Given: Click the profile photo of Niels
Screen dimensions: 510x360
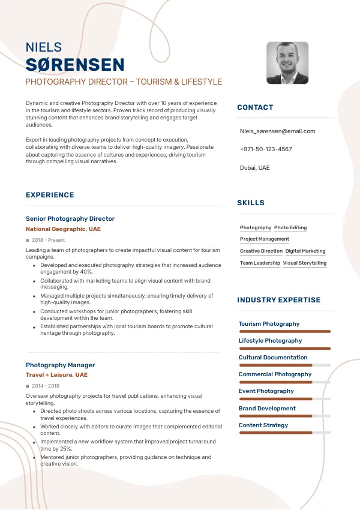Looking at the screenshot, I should (x=287, y=63).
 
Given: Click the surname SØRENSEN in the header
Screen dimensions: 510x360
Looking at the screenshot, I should (x=75, y=65).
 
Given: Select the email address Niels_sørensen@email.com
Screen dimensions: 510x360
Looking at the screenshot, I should (x=277, y=131).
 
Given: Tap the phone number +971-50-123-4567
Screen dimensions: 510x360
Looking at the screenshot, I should (x=266, y=149).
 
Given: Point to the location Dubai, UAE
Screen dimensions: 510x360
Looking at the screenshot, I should (x=255, y=167).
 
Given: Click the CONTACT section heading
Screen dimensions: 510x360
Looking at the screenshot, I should (x=255, y=107).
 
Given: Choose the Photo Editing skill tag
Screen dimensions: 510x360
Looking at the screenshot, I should (x=290, y=228).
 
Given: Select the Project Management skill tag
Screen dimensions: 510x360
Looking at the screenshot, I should (x=265, y=239).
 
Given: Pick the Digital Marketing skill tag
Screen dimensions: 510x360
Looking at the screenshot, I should (x=305, y=251).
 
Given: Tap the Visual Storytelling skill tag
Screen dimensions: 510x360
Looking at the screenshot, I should (x=305, y=263).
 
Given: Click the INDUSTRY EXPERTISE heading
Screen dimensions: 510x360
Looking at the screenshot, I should (x=278, y=300).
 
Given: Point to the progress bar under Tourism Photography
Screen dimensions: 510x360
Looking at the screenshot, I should (x=284, y=331).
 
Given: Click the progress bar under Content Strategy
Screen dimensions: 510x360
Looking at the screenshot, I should (x=284, y=433).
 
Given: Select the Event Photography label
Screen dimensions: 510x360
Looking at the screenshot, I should (x=266, y=391).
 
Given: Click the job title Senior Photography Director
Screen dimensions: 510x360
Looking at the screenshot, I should (x=70, y=219).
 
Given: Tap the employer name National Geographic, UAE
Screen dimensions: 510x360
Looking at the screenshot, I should (x=63, y=229).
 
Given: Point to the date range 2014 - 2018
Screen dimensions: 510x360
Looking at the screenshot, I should (x=46, y=386).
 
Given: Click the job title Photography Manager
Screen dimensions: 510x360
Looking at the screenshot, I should (x=60, y=365).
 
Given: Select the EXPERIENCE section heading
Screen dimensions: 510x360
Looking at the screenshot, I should (x=50, y=195).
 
